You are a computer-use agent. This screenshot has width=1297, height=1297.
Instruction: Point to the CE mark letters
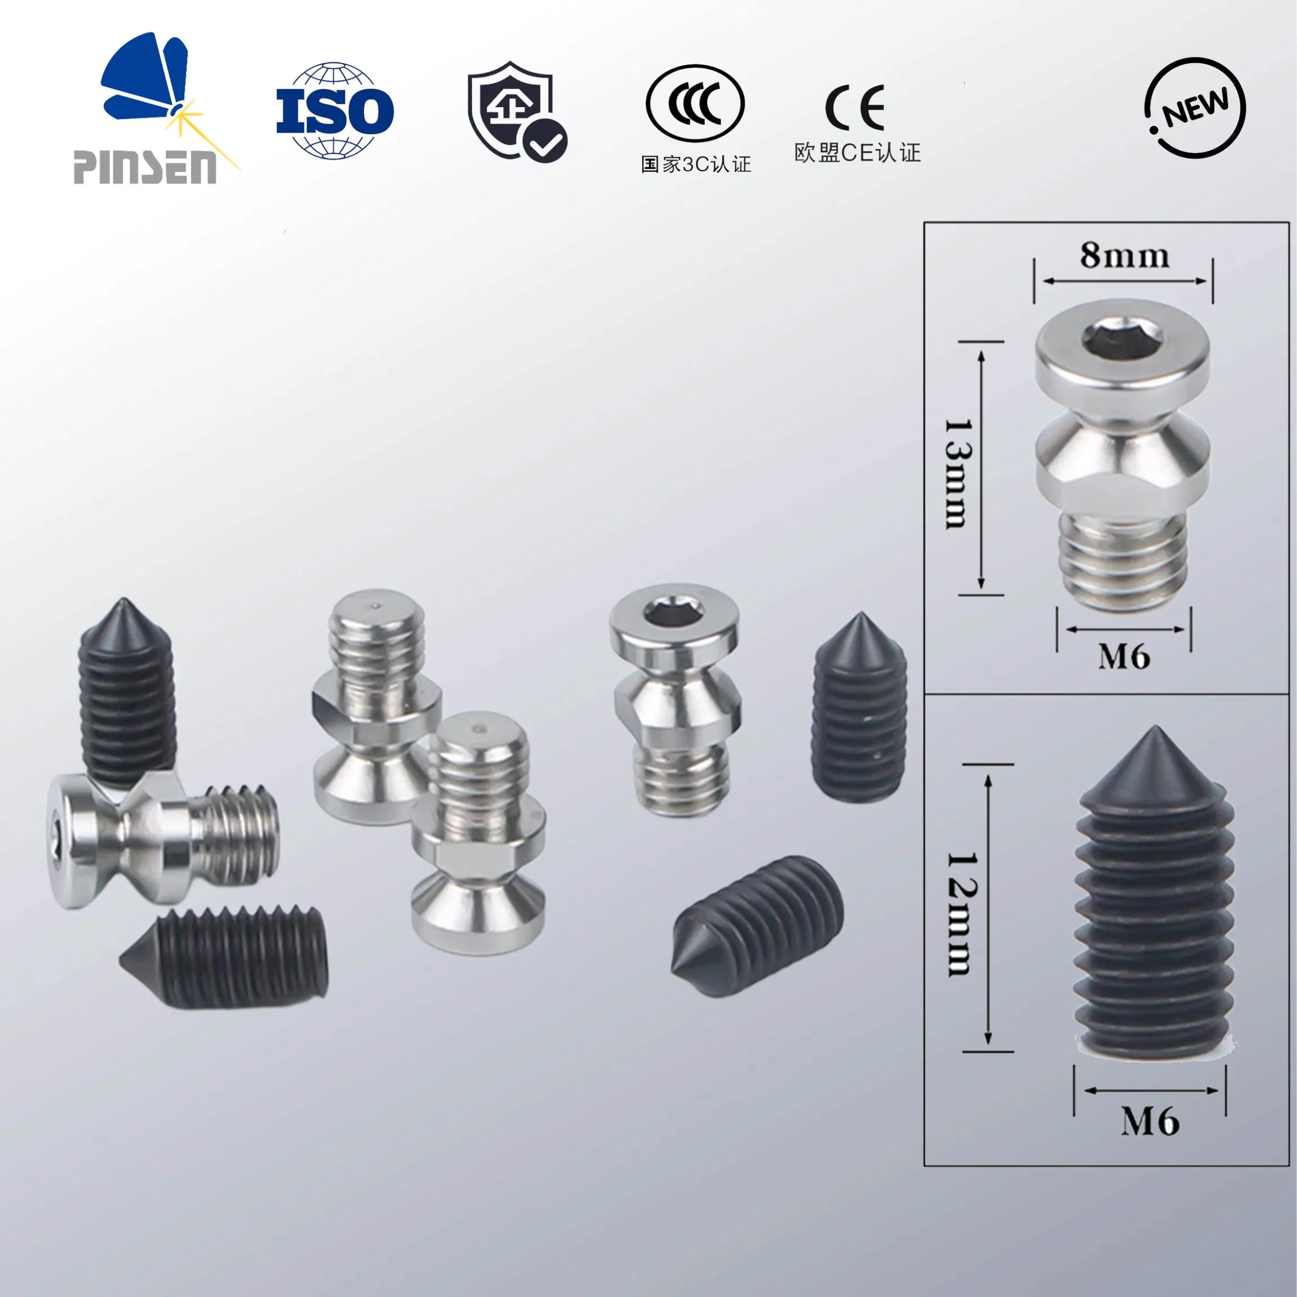(855, 108)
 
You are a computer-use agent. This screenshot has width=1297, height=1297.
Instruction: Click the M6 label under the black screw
(1150, 1121)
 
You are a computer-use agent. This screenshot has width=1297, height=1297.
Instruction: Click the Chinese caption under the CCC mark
(695, 165)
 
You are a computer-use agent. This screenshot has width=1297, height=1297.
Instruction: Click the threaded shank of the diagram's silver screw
(1123, 562)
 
